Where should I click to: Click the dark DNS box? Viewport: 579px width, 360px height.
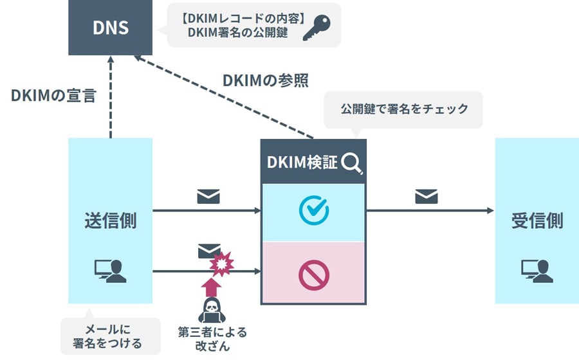click(x=110, y=28)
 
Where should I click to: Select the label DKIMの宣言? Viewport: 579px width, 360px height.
click(x=53, y=96)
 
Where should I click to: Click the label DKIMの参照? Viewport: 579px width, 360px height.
click(x=265, y=81)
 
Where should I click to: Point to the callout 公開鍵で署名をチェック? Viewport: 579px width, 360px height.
click(x=404, y=109)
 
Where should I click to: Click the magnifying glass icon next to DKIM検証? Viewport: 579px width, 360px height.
click(x=352, y=163)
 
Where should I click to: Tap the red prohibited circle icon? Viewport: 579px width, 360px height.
click(x=314, y=275)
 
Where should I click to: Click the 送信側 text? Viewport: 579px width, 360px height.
click(x=110, y=221)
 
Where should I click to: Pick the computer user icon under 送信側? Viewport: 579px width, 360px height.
click(x=110, y=270)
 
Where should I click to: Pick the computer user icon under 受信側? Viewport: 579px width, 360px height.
click(x=537, y=270)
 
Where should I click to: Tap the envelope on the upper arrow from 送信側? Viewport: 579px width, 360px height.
click(x=208, y=196)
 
